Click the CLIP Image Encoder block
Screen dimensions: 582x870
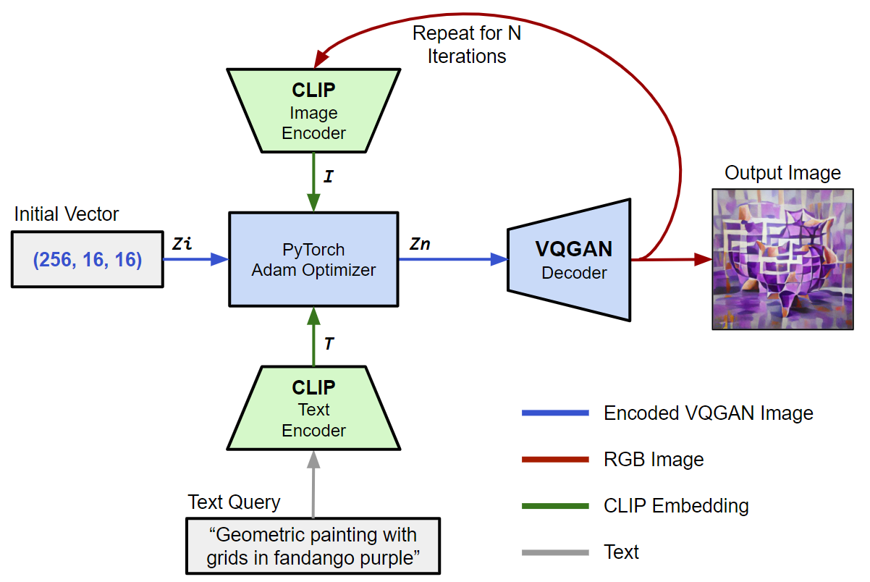pos(313,110)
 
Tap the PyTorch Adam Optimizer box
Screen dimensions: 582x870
pos(313,259)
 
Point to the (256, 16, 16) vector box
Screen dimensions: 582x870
pos(88,259)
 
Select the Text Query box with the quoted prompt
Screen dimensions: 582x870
pos(313,547)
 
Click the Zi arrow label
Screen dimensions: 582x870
pos(182,244)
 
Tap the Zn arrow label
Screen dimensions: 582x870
pos(420,244)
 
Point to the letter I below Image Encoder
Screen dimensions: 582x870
pos(328,176)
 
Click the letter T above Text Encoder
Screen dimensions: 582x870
pos(329,344)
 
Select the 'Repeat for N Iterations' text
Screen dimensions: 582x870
pos(467,44)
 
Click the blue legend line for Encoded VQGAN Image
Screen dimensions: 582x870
pos(554,413)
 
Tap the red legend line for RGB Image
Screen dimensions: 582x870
pos(554,459)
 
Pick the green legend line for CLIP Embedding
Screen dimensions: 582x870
pos(554,506)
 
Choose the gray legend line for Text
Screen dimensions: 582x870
pos(554,552)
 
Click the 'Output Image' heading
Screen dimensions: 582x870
pos(783,173)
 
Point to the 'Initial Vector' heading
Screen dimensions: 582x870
pos(67,214)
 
